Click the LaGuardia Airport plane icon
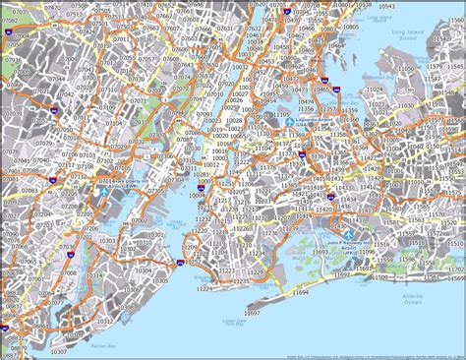click(x=295, y=122)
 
